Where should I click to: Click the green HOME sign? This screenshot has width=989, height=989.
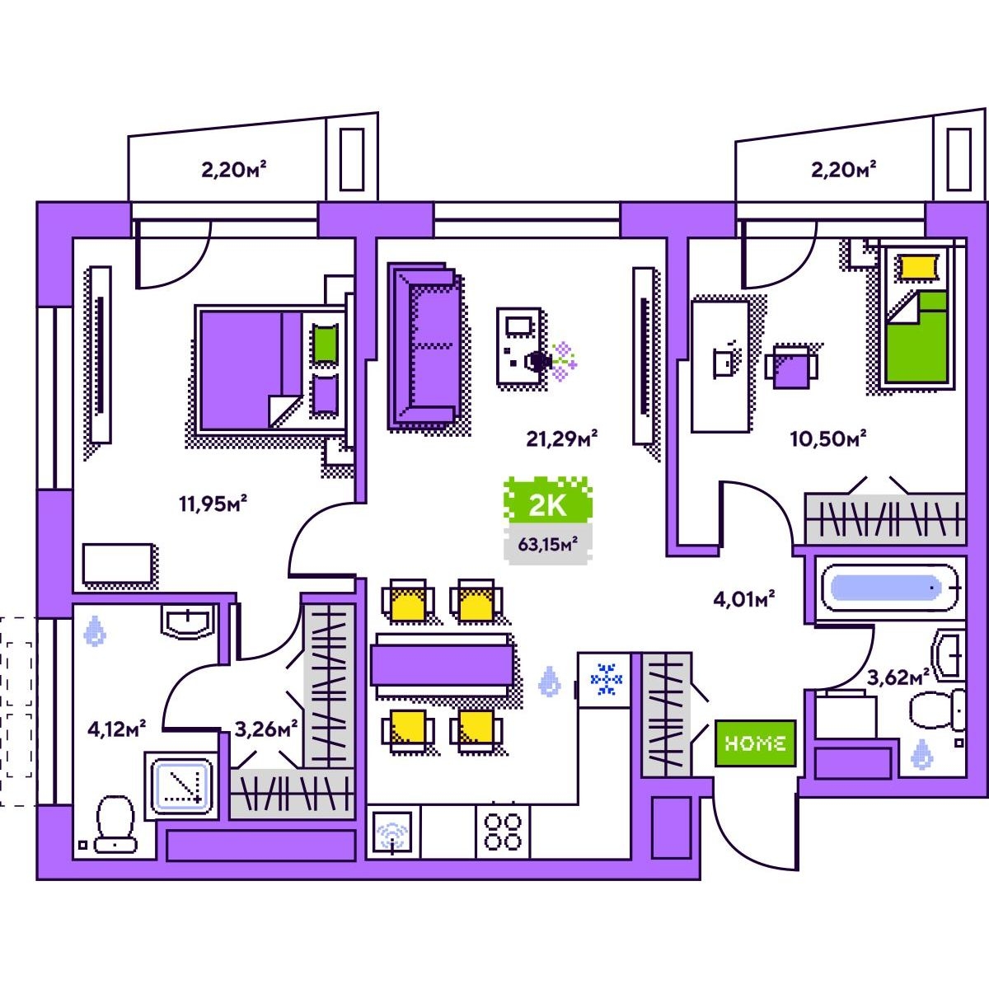pyautogui.click(x=755, y=743)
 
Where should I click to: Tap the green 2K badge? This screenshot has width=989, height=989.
pyautogui.click(x=547, y=504)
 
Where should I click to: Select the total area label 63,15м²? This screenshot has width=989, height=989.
pyautogui.click(x=547, y=543)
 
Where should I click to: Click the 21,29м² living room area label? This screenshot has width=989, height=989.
pyautogui.click(x=562, y=438)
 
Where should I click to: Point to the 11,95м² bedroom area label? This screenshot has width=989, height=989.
pyautogui.click(x=213, y=503)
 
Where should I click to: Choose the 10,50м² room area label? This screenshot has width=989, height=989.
pyautogui.click(x=827, y=438)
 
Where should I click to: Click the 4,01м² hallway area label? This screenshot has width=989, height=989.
pyautogui.click(x=744, y=599)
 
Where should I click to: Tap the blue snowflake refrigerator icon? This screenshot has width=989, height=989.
pyautogui.click(x=607, y=679)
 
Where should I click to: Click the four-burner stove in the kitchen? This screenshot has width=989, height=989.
pyautogui.click(x=503, y=831)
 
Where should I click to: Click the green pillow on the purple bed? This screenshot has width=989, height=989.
pyautogui.click(x=324, y=344)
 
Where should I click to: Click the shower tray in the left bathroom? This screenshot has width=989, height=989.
pyautogui.click(x=180, y=785)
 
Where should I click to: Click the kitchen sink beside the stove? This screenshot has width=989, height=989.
pyautogui.click(x=393, y=832)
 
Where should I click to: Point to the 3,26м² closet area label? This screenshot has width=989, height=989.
pyautogui.click(x=265, y=729)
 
